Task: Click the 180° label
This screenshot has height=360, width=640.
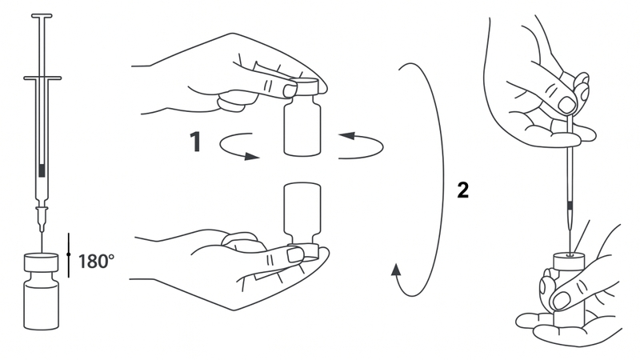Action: coord(96,262)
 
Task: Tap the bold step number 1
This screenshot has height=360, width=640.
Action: coord(196,142)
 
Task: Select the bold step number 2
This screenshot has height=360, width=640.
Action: coord(463,190)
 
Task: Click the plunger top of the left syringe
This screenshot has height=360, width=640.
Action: coord(42,16)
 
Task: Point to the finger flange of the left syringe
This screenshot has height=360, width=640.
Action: coord(42,78)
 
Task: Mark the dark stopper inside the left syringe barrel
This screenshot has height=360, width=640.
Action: coord(42,170)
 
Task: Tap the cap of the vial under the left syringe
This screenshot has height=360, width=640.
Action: coord(41,262)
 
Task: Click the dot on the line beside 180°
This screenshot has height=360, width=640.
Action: coord(69,254)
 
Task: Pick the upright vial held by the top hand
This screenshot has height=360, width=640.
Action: coord(302,117)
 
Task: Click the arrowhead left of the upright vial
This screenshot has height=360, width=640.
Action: coord(252,156)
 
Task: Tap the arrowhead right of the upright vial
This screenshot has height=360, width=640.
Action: coord(346,135)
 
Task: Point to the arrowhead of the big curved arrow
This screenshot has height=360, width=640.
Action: coord(396,270)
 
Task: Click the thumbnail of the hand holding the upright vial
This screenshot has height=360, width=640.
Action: coord(290,90)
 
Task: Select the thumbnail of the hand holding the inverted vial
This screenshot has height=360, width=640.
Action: coord(294,254)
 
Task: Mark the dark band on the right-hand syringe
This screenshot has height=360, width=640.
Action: coord(570,206)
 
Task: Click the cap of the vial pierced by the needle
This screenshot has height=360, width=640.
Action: coord(569,263)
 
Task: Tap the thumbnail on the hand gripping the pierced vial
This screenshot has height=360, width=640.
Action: coord(562,301)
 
